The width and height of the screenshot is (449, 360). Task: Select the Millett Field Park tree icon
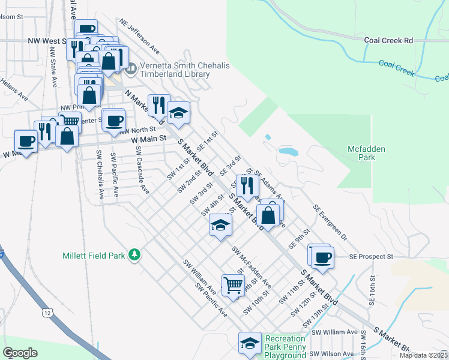[x=135, y=255]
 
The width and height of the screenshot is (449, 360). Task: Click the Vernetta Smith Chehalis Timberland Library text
[x=175, y=70]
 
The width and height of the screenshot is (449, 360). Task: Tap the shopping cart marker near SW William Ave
[x=233, y=284]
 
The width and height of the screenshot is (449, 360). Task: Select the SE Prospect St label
[x=371, y=256]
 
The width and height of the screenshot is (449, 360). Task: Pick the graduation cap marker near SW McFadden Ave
[x=220, y=225]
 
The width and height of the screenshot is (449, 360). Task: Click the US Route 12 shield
[x=47, y=313]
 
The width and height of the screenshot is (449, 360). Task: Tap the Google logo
[x=20, y=353]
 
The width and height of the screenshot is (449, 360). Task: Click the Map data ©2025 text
[x=423, y=355]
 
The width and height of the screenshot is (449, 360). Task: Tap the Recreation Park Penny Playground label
[x=286, y=347]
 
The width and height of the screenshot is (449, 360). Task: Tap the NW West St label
[x=46, y=41]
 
